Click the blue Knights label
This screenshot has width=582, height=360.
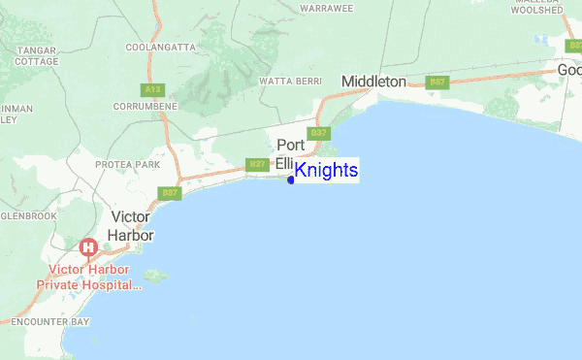click(326, 171)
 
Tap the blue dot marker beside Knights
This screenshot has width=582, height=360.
click(291, 180)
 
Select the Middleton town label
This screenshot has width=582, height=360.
click(373, 82)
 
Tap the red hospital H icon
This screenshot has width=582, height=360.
click(88, 247)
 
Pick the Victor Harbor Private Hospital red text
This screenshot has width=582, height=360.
click(89, 278)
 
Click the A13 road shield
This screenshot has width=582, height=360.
click(151, 89)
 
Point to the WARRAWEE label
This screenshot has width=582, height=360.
click(326, 8)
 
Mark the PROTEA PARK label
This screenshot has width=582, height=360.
click(127, 165)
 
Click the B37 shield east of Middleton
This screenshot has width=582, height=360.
click(438, 82)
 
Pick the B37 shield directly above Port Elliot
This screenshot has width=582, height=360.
click(317, 133)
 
